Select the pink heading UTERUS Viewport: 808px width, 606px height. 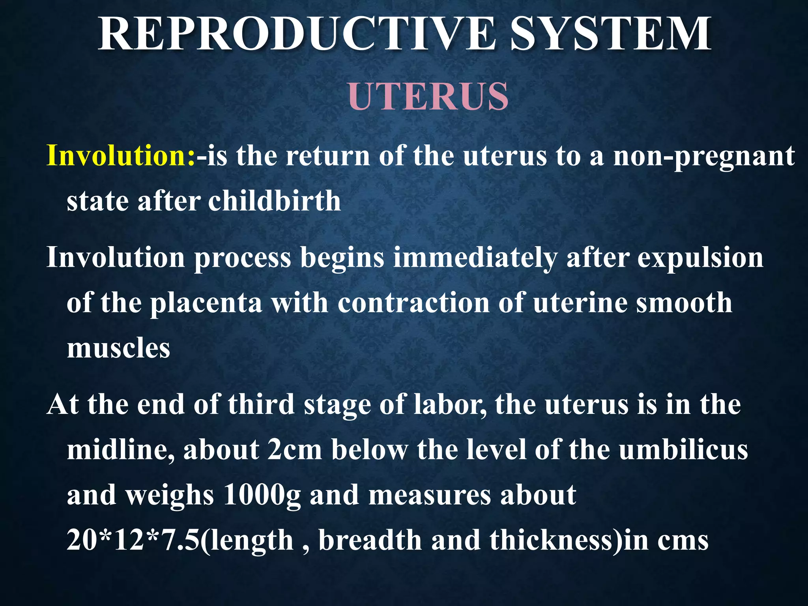428,96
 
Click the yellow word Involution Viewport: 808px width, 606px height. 121,155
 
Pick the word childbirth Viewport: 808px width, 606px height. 274,201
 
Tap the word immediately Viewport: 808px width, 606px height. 475,258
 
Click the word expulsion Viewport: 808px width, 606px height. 700,258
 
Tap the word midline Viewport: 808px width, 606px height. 120,450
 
